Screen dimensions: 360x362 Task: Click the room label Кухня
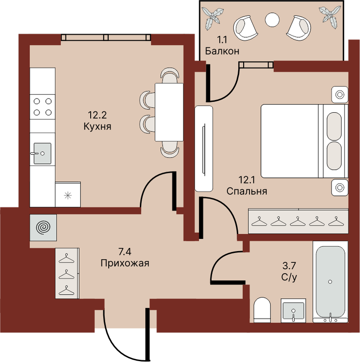click(97, 127)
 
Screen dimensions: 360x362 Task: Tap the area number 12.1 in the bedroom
click(246, 180)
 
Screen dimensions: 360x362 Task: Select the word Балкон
click(222, 51)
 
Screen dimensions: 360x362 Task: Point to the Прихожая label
click(125, 263)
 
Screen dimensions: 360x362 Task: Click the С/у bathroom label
click(289, 277)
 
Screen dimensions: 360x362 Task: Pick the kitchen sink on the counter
click(42, 153)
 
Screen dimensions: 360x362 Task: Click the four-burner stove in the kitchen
click(43, 107)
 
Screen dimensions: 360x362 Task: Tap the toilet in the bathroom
click(262, 310)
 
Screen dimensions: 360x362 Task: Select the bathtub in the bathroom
click(330, 282)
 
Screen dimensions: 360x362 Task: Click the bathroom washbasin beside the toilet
click(293, 310)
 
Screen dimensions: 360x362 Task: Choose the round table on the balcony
click(272, 19)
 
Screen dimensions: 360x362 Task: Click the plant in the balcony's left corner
click(212, 18)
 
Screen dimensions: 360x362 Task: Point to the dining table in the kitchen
click(169, 112)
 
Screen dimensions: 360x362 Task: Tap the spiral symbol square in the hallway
click(43, 228)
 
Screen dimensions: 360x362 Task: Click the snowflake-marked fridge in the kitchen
click(68, 195)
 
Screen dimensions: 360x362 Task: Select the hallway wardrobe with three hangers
click(67, 273)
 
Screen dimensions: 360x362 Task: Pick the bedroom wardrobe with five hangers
click(298, 221)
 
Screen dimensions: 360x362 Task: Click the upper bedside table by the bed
click(340, 95)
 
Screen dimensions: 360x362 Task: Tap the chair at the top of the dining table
click(170, 76)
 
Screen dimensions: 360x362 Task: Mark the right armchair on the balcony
click(299, 28)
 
